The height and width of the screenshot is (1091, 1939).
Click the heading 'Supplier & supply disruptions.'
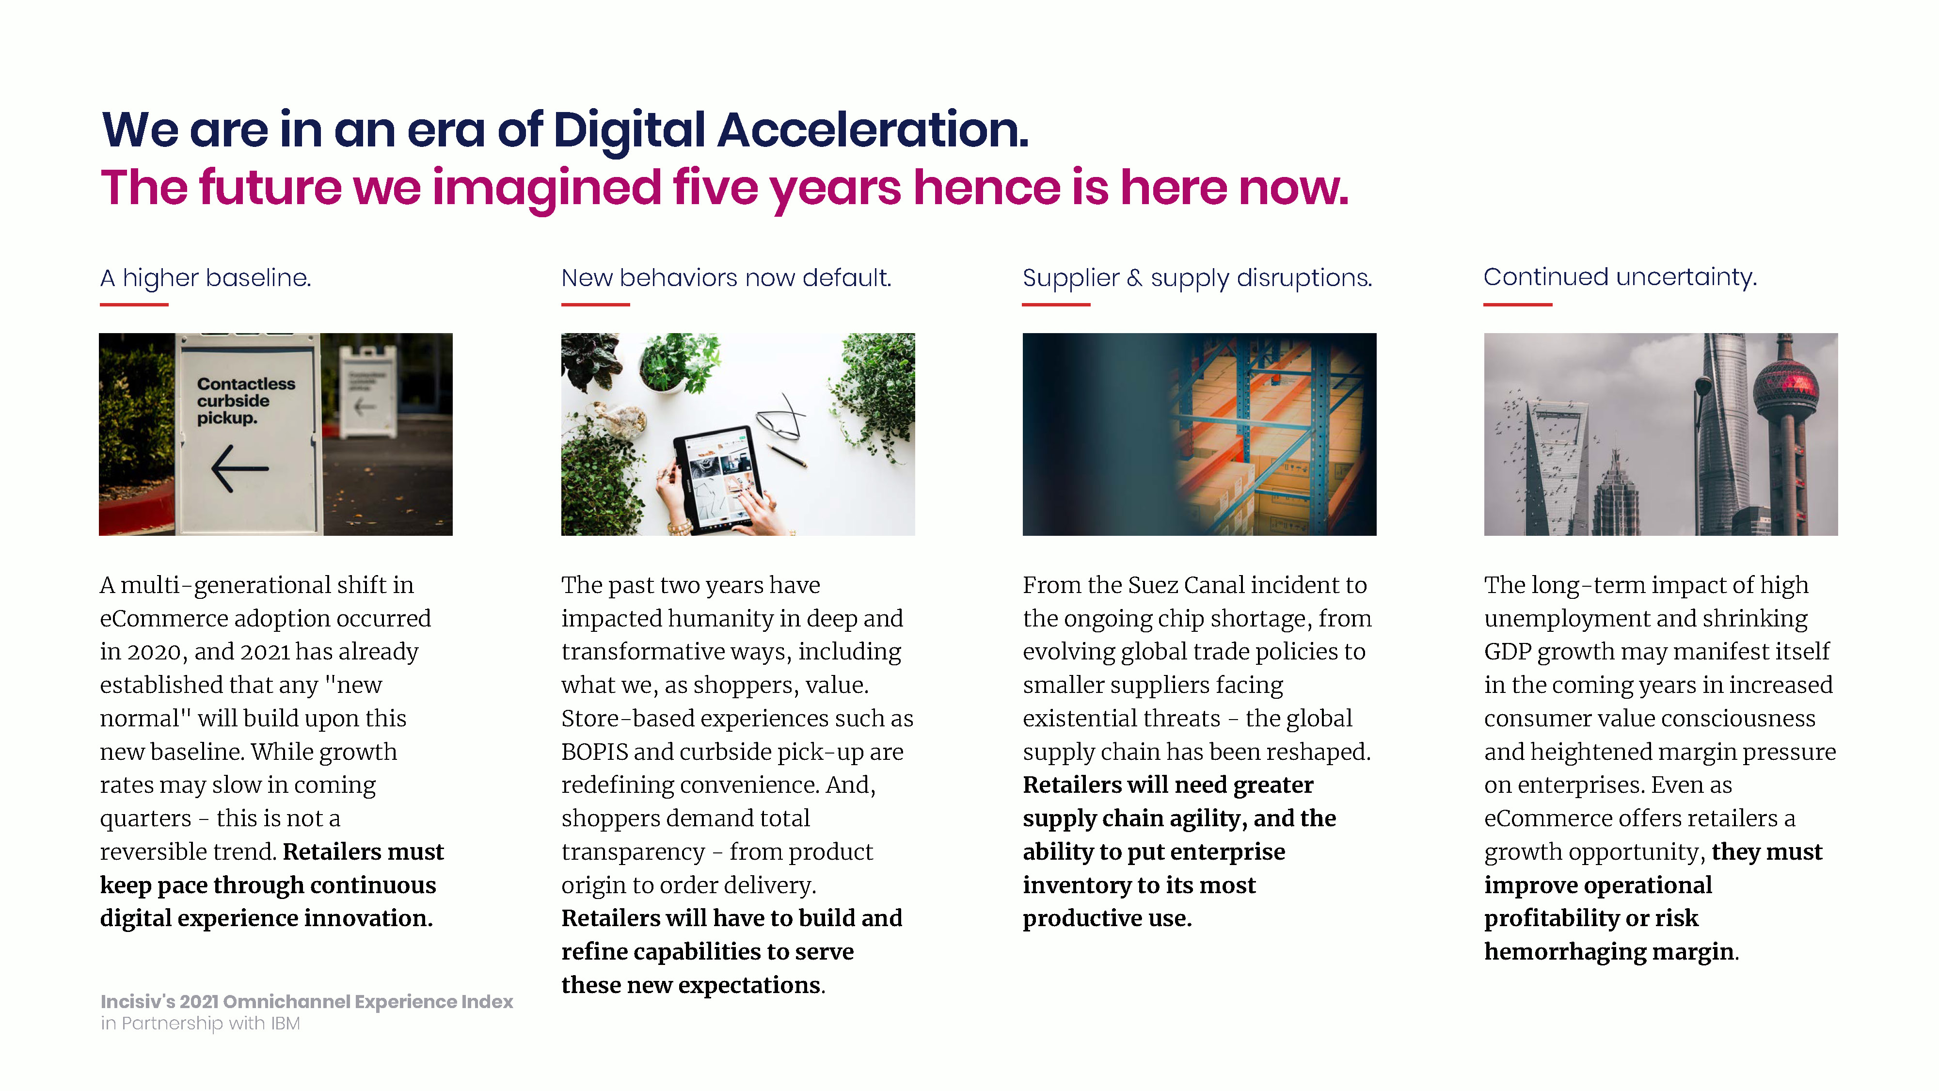(1197, 279)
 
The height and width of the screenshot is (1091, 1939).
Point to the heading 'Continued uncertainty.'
(1620, 278)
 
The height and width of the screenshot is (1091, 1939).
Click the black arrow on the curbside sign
(239, 468)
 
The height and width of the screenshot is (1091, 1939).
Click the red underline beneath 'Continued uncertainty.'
(1517, 304)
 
